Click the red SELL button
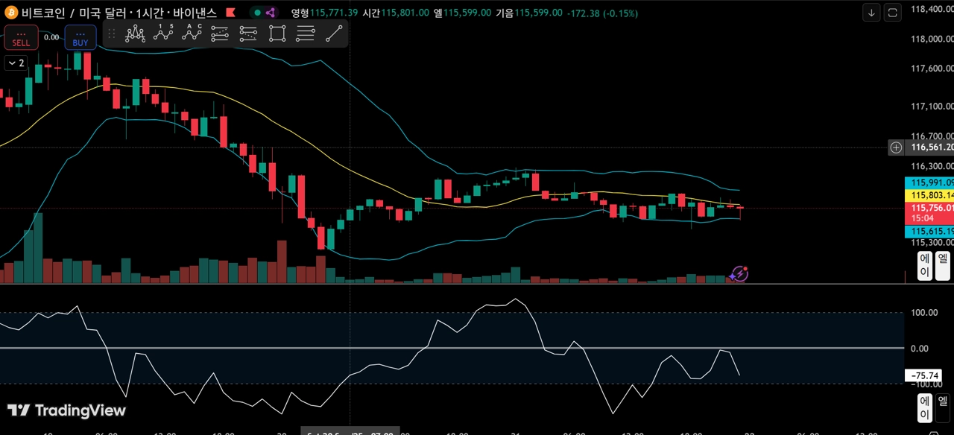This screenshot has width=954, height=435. click(21, 38)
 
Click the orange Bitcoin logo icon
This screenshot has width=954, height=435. click(11, 13)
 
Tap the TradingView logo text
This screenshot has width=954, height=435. click(66, 410)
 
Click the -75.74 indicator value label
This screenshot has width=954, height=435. click(925, 375)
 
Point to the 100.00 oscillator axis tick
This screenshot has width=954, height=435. click(925, 312)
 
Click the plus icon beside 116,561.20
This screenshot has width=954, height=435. click(896, 147)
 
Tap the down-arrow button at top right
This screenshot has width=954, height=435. click(872, 13)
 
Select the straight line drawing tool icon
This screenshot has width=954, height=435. click(334, 33)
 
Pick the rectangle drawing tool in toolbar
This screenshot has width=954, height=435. click(277, 33)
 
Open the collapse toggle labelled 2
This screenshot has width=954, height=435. click(16, 63)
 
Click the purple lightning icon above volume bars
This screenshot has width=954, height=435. click(739, 274)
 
